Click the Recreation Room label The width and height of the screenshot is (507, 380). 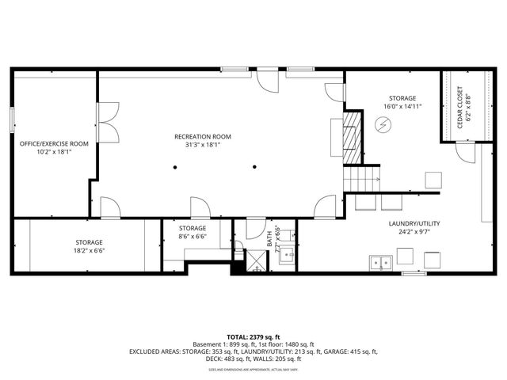203,136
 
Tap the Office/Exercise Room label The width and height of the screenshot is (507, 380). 54,143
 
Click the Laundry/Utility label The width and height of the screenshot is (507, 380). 414,223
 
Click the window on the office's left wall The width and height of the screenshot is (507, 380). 12,120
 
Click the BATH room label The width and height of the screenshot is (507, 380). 269,237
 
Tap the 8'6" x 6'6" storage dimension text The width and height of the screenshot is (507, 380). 193,236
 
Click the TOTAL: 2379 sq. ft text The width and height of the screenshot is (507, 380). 254,335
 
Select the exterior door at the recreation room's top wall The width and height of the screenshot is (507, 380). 265,81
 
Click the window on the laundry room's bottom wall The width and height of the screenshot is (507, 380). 414,274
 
